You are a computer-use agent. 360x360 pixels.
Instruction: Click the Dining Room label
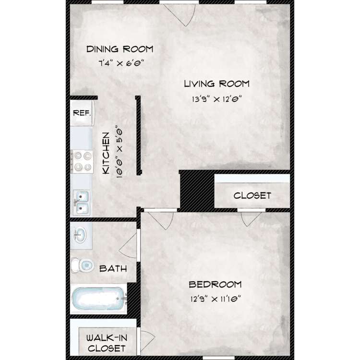pos(120,49)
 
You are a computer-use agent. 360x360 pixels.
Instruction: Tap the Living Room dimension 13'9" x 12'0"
pos(217,99)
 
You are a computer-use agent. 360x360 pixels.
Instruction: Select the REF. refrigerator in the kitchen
pos(82,113)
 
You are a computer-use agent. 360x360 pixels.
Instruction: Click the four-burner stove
pos(82,162)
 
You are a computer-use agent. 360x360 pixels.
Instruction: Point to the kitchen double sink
pos(82,203)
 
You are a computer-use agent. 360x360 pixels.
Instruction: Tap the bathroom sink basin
pos(80,235)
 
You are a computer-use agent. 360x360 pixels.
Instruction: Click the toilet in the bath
pos(82,265)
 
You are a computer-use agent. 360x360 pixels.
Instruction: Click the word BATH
pos(113,268)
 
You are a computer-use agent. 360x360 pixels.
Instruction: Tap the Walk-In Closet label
pos(107,343)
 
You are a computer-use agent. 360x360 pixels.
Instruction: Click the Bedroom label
pos(215,285)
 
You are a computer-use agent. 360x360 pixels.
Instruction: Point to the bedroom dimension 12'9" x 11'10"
pos(216,299)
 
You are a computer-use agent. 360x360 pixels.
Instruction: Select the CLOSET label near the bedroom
pos(252,195)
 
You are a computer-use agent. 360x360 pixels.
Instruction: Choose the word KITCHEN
pos(106,153)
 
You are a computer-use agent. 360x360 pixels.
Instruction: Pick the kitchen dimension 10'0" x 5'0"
pos(120,152)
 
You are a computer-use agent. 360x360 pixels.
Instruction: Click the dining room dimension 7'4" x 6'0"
pos(121,63)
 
